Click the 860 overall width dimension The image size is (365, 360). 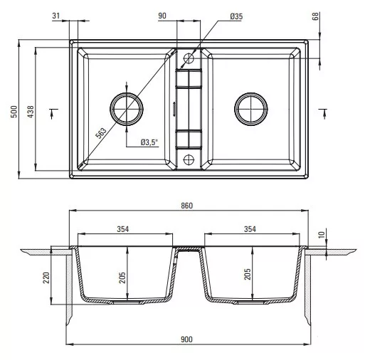[187, 206]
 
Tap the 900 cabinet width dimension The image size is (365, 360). [186, 339]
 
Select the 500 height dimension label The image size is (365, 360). [14, 112]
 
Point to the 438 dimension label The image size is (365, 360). [31, 112]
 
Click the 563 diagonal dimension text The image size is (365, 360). [101, 133]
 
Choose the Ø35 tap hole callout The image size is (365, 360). [236, 16]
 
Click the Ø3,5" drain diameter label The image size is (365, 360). [149, 142]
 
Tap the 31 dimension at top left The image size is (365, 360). [56, 16]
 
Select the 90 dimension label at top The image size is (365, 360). [162, 16]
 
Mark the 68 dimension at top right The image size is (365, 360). [316, 16]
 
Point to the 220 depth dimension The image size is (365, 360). [46, 277]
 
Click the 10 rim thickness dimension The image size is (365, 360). [322, 235]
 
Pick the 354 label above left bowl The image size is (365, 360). [123, 229]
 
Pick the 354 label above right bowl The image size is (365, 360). [250, 229]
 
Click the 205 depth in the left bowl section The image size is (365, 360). [122, 277]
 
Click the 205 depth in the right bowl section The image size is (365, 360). [248, 274]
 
